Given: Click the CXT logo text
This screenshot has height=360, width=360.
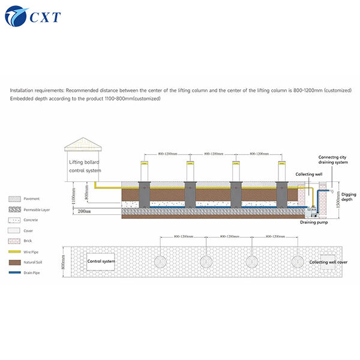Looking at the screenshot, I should click(x=44, y=17).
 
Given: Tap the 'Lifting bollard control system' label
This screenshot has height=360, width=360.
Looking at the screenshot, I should click(x=85, y=166).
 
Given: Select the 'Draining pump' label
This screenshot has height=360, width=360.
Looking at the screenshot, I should click(x=313, y=222).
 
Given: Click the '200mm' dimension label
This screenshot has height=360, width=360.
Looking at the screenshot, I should click(x=83, y=211).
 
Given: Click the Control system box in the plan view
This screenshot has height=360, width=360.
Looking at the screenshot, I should click(x=101, y=262).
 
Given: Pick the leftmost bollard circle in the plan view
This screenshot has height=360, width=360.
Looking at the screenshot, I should click(x=161, y=262).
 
